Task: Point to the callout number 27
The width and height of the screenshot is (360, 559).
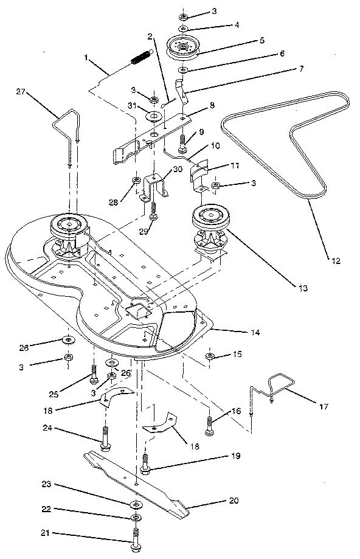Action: pyautogui.click(x=21, y=91)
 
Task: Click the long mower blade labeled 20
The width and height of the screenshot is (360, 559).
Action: pyautogui.click(x=140, y=480)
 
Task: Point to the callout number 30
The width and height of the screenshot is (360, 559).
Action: pyautogui.click(x=177, y=170)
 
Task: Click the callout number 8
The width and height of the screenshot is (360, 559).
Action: pyautogui.click(x=195, y=105)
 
